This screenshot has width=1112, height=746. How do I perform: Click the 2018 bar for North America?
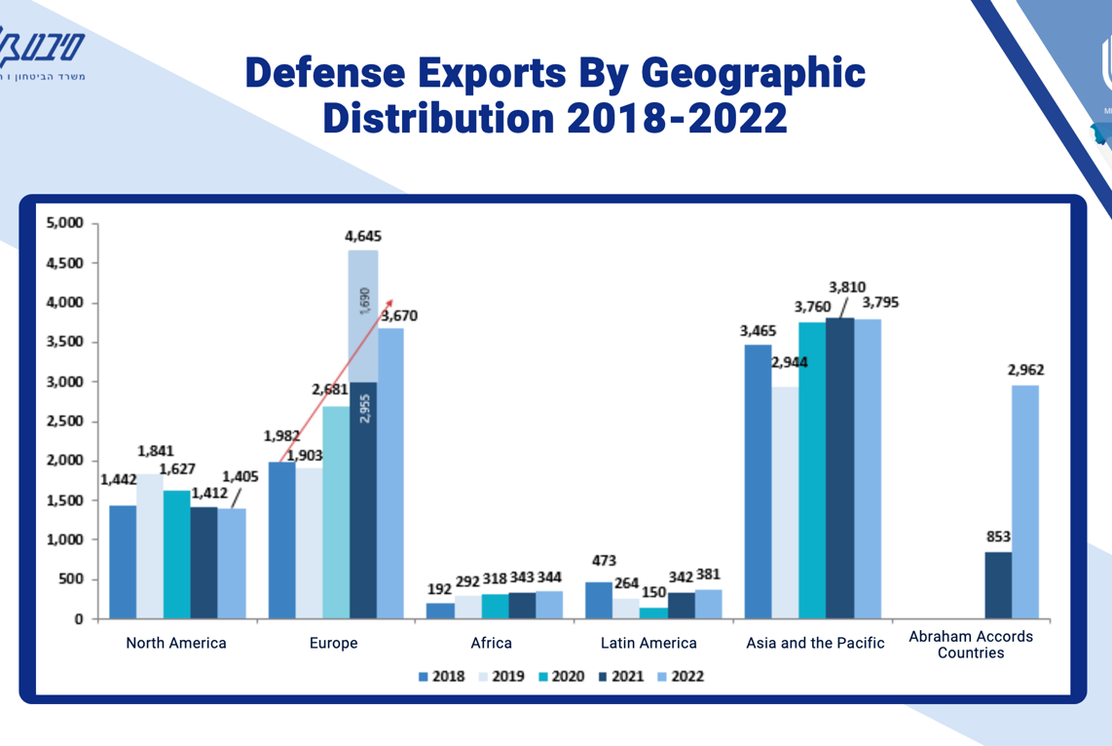coord(123,562)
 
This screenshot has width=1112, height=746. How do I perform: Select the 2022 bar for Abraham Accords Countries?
coord(1024,502)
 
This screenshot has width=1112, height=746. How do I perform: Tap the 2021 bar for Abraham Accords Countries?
coord(998,585)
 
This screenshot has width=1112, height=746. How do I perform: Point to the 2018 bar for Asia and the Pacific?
coord(758,482)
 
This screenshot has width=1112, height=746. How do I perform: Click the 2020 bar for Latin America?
coord(654,614)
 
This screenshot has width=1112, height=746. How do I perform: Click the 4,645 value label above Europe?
coord(363,236)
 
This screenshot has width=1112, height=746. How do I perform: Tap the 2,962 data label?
coord(1024,370)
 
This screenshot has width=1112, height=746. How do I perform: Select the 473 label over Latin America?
coord(604,561)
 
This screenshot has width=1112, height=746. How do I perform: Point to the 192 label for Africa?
coord(440,589)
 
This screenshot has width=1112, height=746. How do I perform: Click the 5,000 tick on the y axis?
coord(66,223)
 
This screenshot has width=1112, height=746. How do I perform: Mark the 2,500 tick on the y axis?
coord(66,421)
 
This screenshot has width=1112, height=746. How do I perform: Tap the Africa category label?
coord(491,643)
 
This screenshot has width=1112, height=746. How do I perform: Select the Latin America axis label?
coord(649,643)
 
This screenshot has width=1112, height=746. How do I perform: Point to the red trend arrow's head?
coord(390,302)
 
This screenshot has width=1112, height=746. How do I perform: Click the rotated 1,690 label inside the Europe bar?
coord(363,301)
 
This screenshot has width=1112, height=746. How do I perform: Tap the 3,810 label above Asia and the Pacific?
coord(848,287)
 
